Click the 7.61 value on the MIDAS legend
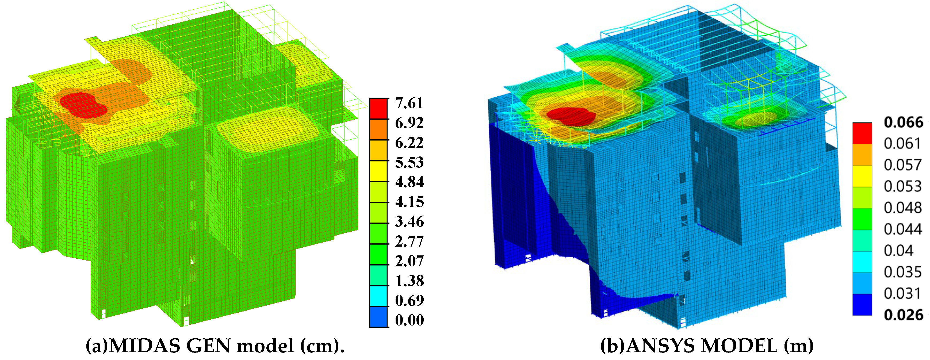[x=409, y=103]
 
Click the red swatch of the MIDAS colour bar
[x=379, y=108]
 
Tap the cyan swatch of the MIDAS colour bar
[x=379, y=296]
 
